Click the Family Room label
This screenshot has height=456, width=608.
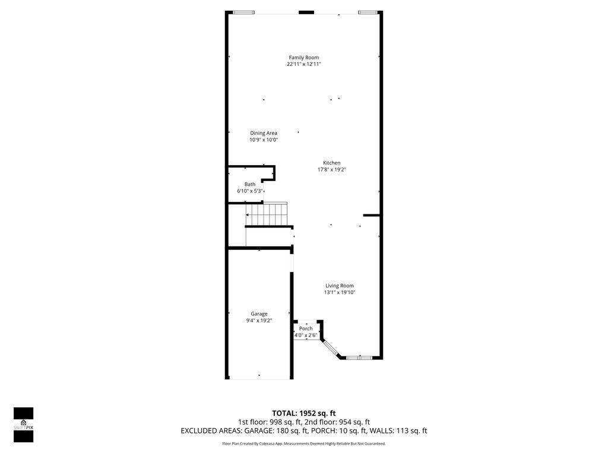point(303,58)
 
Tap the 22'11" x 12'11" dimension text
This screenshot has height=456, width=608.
point(303,64)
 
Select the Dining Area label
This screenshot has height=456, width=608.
point(264,133)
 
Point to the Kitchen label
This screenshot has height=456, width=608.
point(331,163)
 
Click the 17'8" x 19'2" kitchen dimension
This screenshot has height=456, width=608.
point(331,169)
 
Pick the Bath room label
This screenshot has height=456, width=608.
point(250,184)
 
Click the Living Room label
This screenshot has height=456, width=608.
point(339,286)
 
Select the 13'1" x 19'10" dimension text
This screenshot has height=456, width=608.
point(339,292)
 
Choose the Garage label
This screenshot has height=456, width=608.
point(259,313)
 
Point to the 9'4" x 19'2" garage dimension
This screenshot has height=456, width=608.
point(259,321)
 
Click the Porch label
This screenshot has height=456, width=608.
point(306,328)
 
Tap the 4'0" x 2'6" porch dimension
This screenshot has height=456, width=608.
point(306,335)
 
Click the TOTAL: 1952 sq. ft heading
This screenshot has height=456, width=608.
point(303,413)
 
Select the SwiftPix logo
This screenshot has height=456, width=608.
point(24,425)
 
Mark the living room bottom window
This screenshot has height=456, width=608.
point(360,357)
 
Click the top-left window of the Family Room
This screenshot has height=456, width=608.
point(243,12)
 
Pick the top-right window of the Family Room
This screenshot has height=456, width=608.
point(368,12)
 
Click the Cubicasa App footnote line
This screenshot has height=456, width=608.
point(303,444)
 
